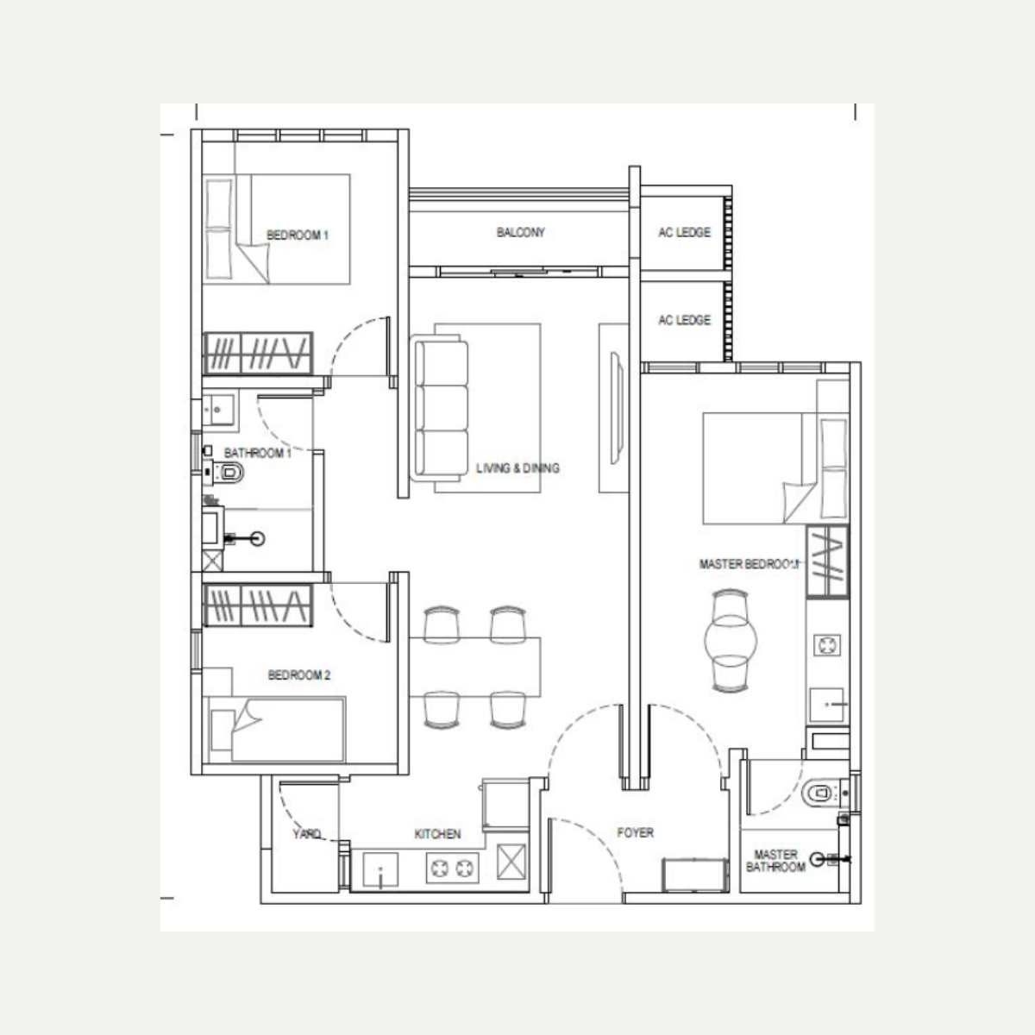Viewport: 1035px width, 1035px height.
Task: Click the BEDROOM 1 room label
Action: (297, 235)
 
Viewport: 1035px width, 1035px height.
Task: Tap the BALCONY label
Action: (520, 233)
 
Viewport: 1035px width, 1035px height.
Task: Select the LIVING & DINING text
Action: (517, 468)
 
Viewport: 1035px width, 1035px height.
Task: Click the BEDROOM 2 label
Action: (299, 675)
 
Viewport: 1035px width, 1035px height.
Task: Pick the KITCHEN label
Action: (437, 833)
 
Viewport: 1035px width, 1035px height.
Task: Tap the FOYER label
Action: (636, 832)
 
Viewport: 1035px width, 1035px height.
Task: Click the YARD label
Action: (307, 833)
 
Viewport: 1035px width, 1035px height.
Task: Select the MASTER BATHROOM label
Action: (775, 861)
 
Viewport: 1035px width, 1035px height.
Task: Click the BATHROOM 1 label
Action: (257, 454)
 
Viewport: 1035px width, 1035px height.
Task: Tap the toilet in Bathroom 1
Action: (226, 473)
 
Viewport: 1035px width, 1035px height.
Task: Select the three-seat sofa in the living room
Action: (439, 408)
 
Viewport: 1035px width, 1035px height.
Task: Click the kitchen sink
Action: (381, 869)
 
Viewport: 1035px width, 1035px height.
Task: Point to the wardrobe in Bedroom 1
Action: (258, 354)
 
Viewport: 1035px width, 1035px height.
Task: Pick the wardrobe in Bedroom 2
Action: (258, 605)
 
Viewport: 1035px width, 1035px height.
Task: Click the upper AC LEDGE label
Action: (684, 233)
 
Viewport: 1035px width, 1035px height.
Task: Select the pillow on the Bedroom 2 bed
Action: (223, 730)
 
